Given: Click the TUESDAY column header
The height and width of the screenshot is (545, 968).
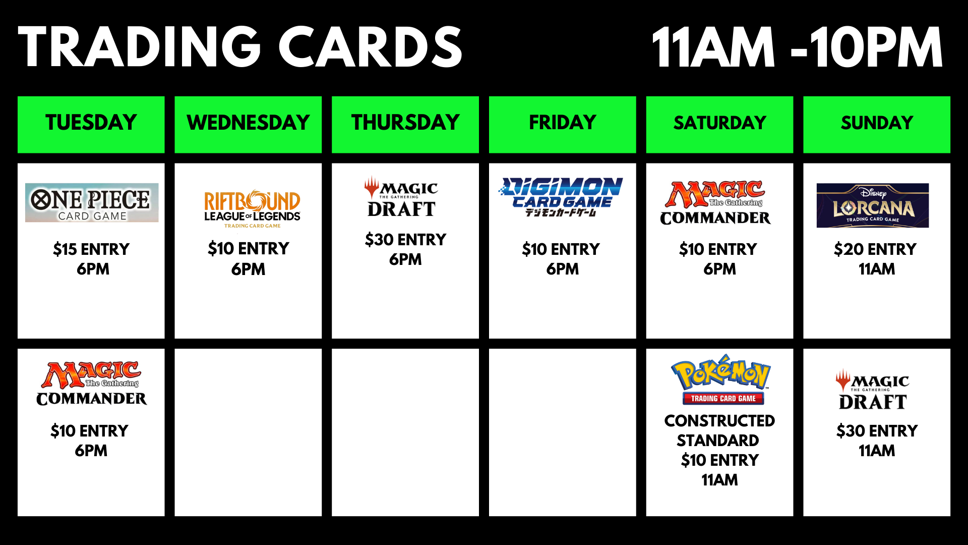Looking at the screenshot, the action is (x=91, y=124).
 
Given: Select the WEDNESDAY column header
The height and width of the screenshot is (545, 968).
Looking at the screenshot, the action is (x=248, y=124).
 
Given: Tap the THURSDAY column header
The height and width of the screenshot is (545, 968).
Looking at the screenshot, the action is (x=405, y=124).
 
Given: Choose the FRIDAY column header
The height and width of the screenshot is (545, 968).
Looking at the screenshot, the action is (x=563, y=124).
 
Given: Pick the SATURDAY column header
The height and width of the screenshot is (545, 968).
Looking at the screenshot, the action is (x=719, y=124).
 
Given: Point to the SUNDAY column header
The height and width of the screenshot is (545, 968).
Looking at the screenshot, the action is (x=877, y=124).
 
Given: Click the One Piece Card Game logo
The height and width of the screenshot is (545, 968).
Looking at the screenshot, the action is (x=92, y=203).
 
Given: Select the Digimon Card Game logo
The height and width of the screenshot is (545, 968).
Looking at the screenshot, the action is (x=561, y=197).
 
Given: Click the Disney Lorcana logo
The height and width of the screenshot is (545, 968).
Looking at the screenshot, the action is (x=873, y=205).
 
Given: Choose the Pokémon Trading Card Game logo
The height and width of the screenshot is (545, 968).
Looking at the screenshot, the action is (x=721, y=380).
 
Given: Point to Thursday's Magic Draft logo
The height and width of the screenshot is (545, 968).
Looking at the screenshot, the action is (x=401, y=197).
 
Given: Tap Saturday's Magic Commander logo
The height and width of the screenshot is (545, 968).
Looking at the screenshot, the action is (x=715, y=203).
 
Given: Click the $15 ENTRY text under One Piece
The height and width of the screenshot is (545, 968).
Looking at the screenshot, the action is (x=91, y=249).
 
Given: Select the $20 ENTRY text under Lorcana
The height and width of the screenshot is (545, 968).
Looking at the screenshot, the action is (x=875, y=249).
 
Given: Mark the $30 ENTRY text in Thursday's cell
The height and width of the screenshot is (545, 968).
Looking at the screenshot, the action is (x=406, y=240).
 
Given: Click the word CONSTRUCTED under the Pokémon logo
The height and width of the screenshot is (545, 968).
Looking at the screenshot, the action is (x=719, y=421).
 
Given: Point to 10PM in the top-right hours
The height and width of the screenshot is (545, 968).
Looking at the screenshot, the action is (x=877, y=47).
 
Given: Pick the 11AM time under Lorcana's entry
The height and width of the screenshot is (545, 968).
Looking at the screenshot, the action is (x=877, y=269).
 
